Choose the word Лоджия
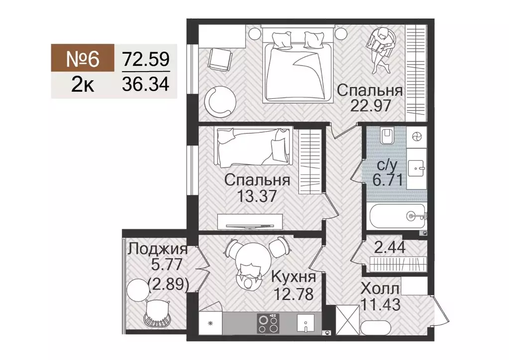(157, 249)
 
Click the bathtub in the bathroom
(397, 215)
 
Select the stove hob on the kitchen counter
(270, 324)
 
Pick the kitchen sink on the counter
(304, 324)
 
